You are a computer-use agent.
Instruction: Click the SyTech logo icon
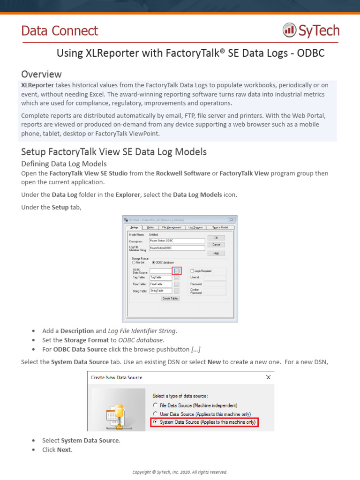click(289, 31)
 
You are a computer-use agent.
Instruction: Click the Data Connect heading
click(60, 31)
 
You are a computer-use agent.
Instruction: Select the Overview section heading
click(41, 74)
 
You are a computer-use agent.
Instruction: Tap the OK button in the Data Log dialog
click(216, 238)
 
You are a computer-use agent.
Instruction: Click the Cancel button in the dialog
click(216, 245)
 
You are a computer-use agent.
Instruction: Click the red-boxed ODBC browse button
click(176, 271)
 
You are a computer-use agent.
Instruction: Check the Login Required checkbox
click(192, 271)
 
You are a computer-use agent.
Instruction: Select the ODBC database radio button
click(154, 262)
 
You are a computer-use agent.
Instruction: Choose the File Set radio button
click(134, 262)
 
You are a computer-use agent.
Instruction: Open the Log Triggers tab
click(195, 227)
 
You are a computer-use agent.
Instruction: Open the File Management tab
click(171, 227)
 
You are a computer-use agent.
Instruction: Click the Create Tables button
click(170, 298)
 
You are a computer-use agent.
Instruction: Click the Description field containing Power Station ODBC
click(177, 241)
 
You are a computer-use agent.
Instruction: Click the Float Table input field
click(160, 284)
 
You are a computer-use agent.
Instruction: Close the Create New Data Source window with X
click(269, 377)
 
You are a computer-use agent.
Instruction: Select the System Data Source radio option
click(155, 422)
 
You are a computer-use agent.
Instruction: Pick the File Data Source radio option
click(155, 405)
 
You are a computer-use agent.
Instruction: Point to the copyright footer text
click(180, 472)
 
